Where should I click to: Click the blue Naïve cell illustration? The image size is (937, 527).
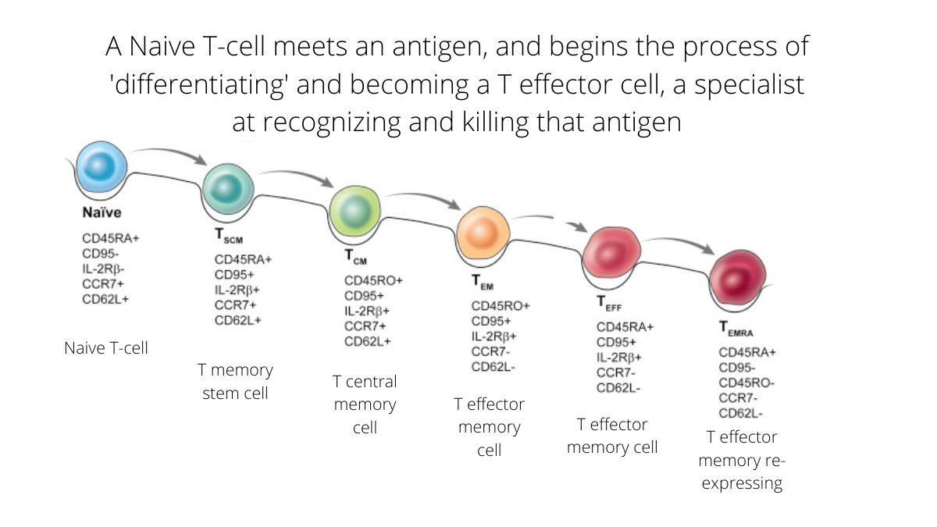coord(102,167)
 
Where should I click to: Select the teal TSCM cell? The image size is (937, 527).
coord(228,189)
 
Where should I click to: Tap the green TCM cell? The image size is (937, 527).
coord(355,211)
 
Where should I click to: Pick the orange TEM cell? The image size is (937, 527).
coord(483,233)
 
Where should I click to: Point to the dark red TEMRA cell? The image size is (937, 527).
coord(738,277)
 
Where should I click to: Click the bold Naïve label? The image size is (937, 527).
coord(102,212)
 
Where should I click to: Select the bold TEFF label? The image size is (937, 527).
coord(609,303)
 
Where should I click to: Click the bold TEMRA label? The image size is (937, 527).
coord(736,329)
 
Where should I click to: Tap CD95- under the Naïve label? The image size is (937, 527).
coord(101,254)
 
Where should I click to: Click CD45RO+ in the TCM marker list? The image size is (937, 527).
coord(373,280)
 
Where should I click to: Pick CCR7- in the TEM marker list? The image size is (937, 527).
coord(490,352)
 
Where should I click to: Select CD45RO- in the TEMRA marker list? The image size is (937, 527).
coord(746,383)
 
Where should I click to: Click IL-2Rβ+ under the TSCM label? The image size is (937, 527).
coord(237,290)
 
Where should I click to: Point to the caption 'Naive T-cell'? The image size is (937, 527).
coord(106,348)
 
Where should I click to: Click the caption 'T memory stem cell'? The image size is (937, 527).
coord(235,382)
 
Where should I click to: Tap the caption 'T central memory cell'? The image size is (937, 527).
coord(365,404)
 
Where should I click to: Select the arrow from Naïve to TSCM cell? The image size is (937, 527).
coord(170,152)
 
